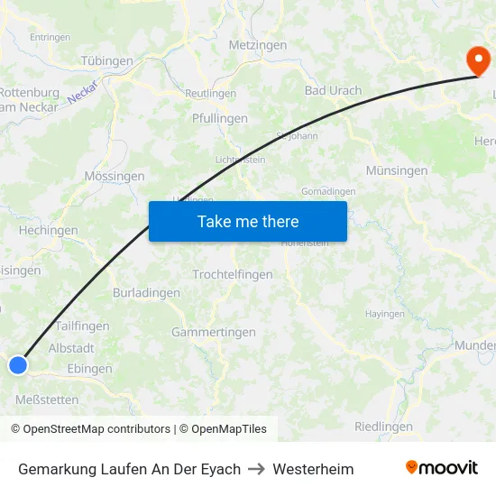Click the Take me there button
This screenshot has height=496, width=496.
(248, 221)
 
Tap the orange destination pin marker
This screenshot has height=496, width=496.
(478, 61)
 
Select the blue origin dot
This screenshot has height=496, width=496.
(18, 364)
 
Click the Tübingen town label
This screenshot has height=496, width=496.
(107, 61)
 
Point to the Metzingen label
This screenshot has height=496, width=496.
(258, 45)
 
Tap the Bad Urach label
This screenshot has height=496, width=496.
(333, 90)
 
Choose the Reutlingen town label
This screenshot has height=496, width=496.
(210, 94)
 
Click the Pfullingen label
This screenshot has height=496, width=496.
(220, 118)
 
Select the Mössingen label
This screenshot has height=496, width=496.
(114, 176)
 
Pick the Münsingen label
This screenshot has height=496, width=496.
(397, 170)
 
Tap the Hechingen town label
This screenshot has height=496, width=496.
(48, 231)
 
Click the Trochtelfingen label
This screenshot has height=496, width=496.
(233, 274)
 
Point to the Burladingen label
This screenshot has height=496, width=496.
(146, 292)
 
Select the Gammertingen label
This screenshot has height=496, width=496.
(214, 332)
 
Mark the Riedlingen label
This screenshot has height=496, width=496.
(383, 427)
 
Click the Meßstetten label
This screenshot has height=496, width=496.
(47, 400)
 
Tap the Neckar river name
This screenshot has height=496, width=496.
(81, 91)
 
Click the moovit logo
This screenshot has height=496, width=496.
(442, 468)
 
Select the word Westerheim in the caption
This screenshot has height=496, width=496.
(313, 469)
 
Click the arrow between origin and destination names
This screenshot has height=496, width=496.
(256, 469)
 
